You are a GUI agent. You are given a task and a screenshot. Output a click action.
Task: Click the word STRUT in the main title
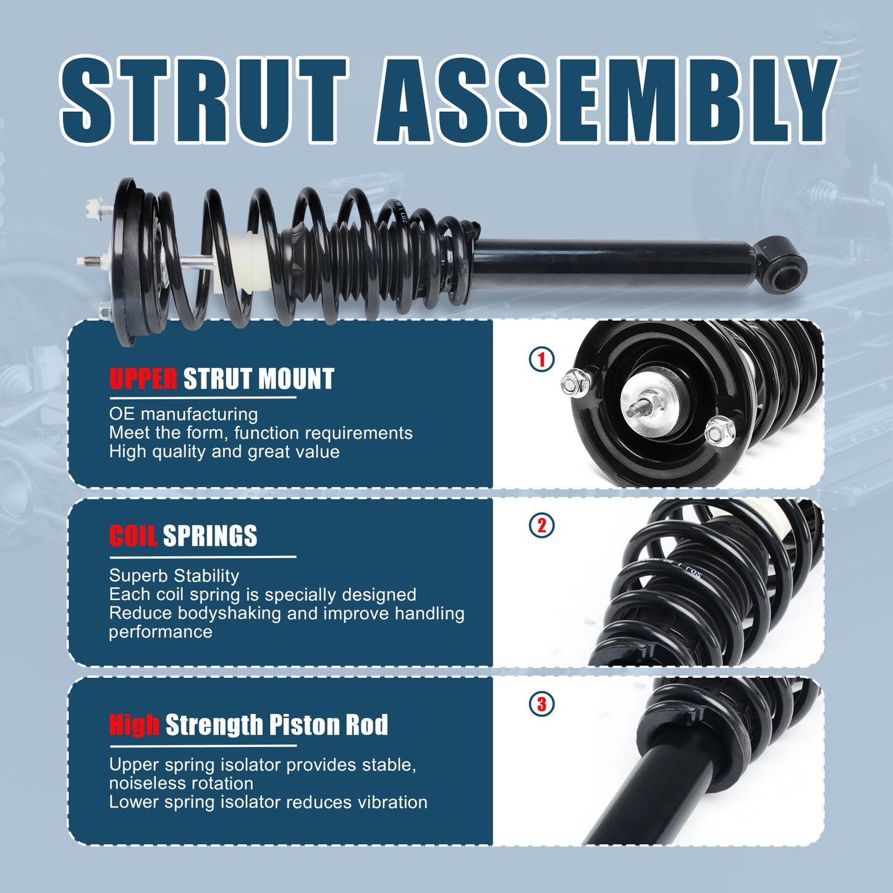[x=204, y=101]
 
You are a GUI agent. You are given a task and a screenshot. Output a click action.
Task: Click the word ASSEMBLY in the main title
[x=606, y=101]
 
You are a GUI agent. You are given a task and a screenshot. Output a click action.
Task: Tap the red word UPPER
[x=143, y=379]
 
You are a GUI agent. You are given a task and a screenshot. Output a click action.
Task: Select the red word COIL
[x=133, y=536]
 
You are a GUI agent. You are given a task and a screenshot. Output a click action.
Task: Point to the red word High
[x=134, y=725]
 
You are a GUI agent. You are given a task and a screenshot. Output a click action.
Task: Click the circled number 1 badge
[x=542, y=359]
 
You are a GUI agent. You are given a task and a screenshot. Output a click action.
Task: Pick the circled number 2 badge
[x=542, y=526]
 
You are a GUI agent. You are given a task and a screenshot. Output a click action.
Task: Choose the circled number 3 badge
[x=542, y=704]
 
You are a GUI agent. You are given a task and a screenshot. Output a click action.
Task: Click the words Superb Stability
[x=174, y=576]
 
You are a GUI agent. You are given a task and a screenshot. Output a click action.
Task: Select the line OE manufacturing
[x=184, y=414]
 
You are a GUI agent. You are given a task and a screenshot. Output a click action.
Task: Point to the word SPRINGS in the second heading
[x=210, y=536]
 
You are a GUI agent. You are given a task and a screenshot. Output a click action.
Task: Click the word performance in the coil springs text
[x=161, y=632]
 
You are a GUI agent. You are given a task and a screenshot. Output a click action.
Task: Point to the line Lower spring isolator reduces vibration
[x=268, y=802]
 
